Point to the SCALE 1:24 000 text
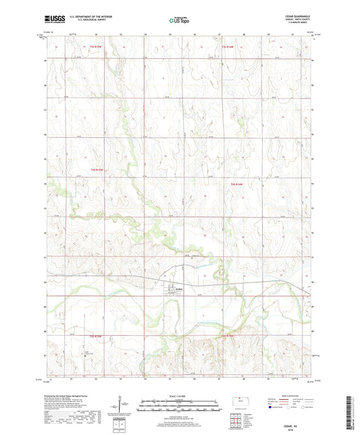179,395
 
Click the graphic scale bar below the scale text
179,401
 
